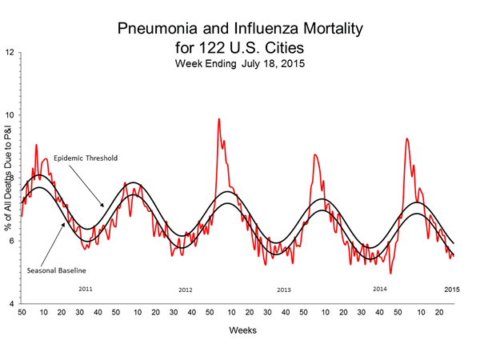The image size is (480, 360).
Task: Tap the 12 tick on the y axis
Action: pos(9,53)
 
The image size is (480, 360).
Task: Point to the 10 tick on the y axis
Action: pos(9,115)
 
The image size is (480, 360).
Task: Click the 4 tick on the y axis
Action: pos(10,304)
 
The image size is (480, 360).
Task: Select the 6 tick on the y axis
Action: pos(10,242)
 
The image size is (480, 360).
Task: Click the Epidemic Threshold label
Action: pos(79,158)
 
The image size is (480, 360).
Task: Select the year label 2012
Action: pos(186,289)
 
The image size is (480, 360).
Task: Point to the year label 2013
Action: pos(283,289)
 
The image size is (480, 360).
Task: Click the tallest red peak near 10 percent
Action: pos(218,119)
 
